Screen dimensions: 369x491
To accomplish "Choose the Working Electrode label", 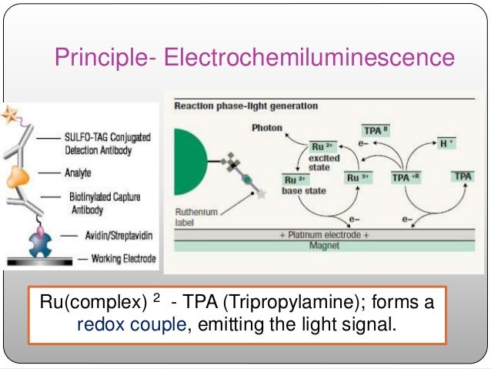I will pos(115,258).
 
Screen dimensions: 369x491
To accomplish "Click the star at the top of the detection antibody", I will pos(11,117).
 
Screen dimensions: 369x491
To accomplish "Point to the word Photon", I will pos(267,128).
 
